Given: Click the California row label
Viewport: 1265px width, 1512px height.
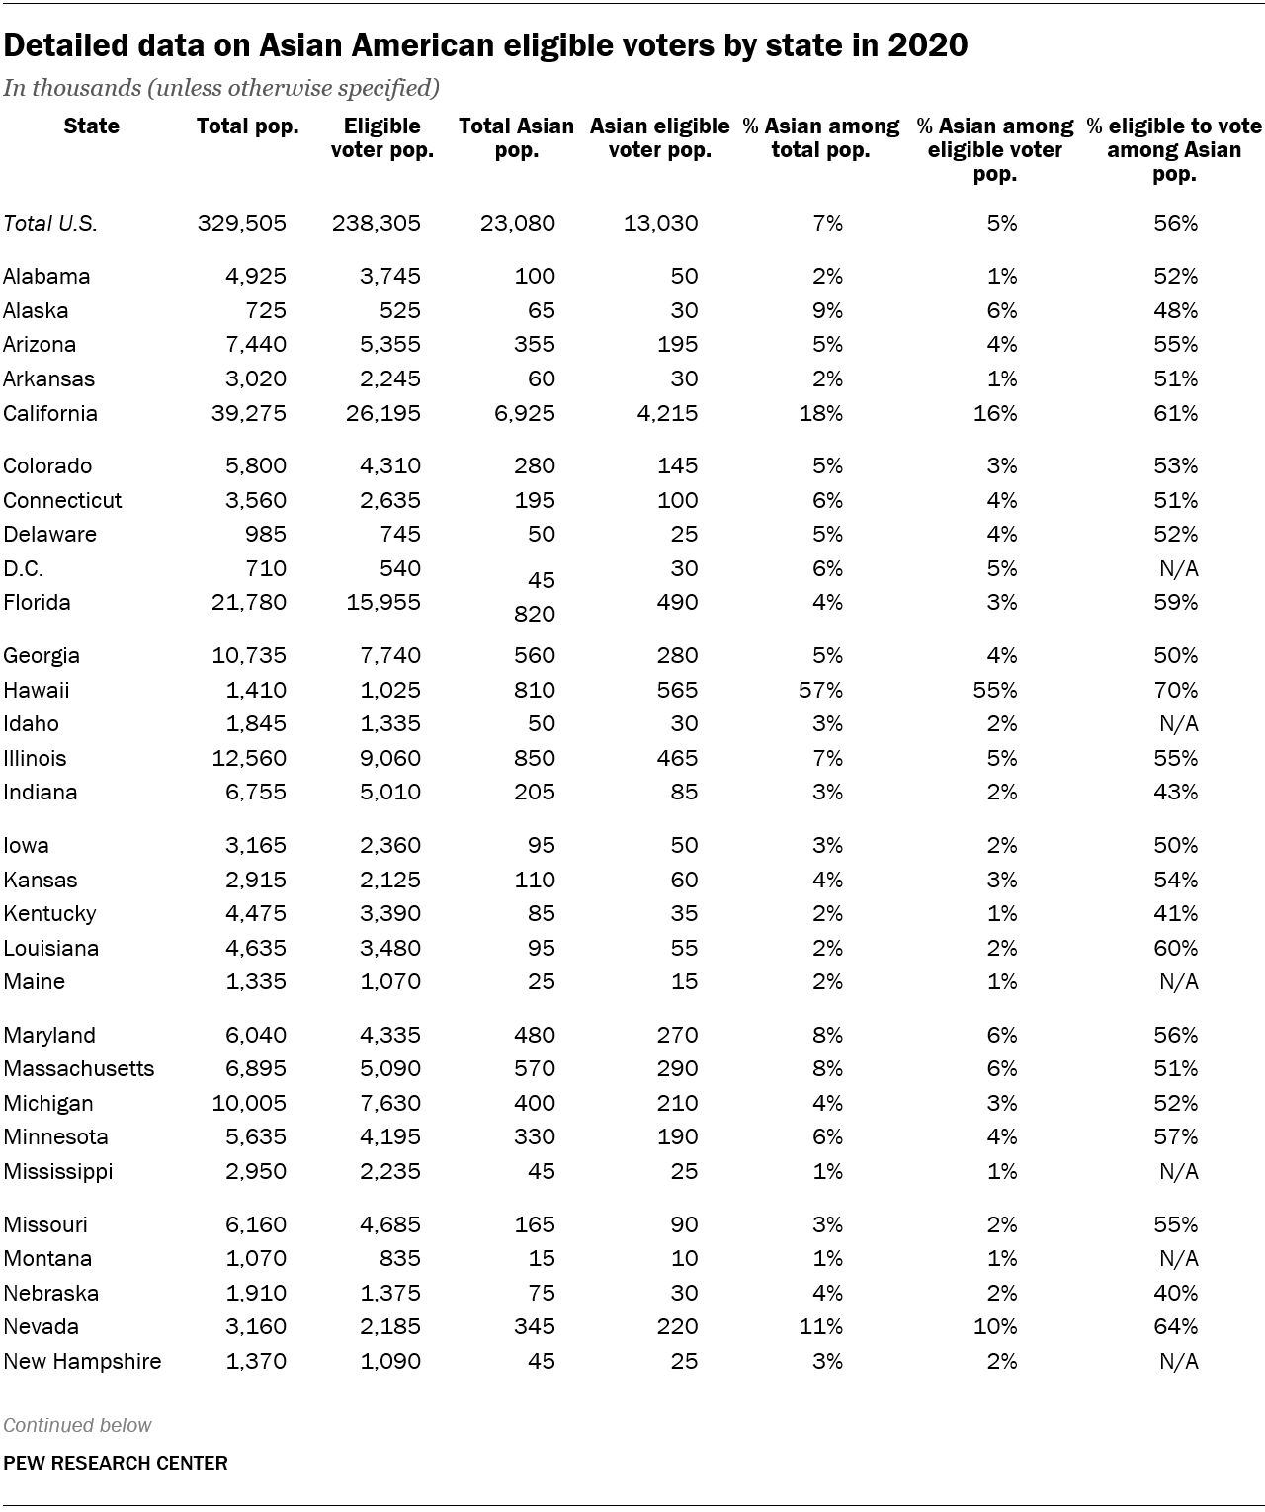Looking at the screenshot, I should [50, 413].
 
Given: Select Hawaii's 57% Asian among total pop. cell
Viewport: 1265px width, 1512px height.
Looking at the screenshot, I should [820, 690].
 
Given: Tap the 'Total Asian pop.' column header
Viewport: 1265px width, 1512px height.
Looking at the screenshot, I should [516, 138].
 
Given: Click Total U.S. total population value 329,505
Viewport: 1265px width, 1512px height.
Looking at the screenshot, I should [242, 223].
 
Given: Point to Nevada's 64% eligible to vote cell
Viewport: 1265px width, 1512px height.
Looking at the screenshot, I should [1176, 1326].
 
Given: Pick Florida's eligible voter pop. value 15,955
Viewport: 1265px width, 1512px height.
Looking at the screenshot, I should [377, 602].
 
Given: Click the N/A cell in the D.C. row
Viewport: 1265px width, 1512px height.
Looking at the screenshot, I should [1178, 568].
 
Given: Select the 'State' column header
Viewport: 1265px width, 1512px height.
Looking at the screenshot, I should [91, 126].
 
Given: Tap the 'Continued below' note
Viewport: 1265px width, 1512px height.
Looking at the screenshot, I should [77, 1425].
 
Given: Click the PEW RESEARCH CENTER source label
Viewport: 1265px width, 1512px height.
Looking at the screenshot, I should [116, 1463].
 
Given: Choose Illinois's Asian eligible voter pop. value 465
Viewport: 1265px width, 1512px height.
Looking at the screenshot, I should [678, 758].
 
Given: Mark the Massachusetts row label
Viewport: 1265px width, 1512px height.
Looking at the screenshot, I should [79, 1068].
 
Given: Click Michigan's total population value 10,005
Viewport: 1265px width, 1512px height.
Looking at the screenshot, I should [250, 1103].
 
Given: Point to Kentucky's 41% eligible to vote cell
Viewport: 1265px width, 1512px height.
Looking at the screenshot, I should [1176, 913].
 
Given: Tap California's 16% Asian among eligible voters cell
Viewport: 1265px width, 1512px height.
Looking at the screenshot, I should [995, 413].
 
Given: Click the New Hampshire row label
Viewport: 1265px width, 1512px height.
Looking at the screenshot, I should [82, 1361].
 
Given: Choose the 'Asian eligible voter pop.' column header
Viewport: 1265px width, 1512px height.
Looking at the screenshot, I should [659, 138].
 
